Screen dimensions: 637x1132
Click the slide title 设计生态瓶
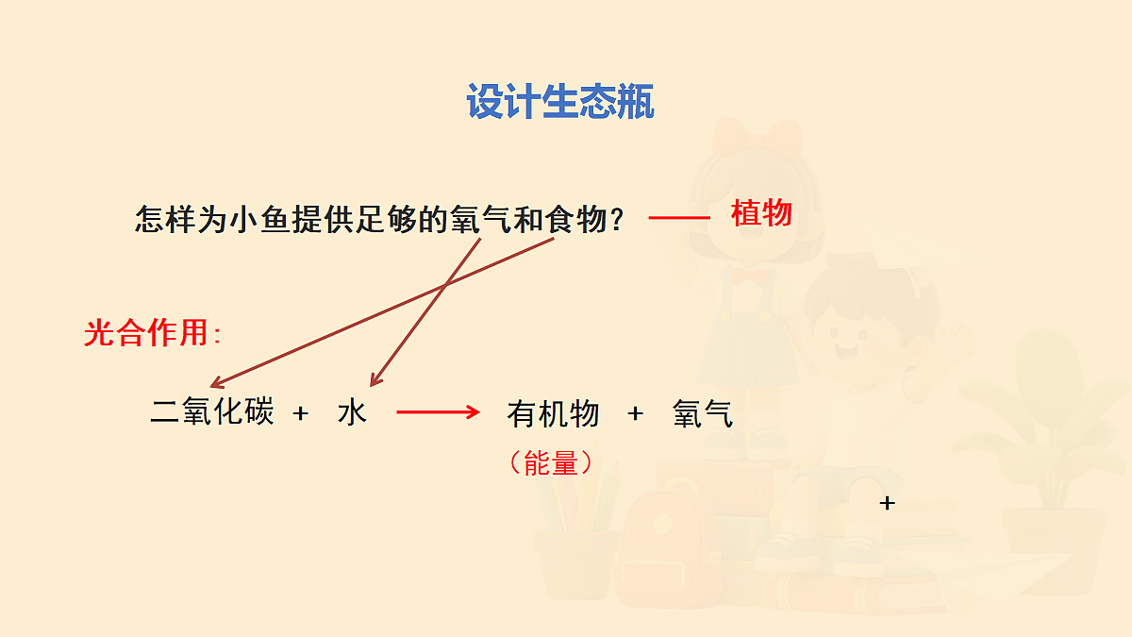[560, 102]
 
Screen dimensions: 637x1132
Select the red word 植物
[761, 214]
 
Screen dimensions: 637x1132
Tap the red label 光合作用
[147, 332]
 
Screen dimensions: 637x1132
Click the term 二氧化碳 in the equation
[212, 412]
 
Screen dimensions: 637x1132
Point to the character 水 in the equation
[352, 412]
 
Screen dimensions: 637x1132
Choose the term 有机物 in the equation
[553, 413]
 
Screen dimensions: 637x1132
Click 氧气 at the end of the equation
[703, 413]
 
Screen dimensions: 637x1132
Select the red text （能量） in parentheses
[551, 462]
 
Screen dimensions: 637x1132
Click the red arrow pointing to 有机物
[439, 412]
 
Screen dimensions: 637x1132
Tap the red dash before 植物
[679, 218]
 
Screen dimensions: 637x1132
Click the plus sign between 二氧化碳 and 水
[301, 413]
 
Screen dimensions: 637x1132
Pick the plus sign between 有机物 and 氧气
[636, 413]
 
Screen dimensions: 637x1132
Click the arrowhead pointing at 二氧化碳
[214, 384]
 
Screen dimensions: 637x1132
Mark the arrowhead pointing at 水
[373, 381]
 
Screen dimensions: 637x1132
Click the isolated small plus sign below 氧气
[887, 503]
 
